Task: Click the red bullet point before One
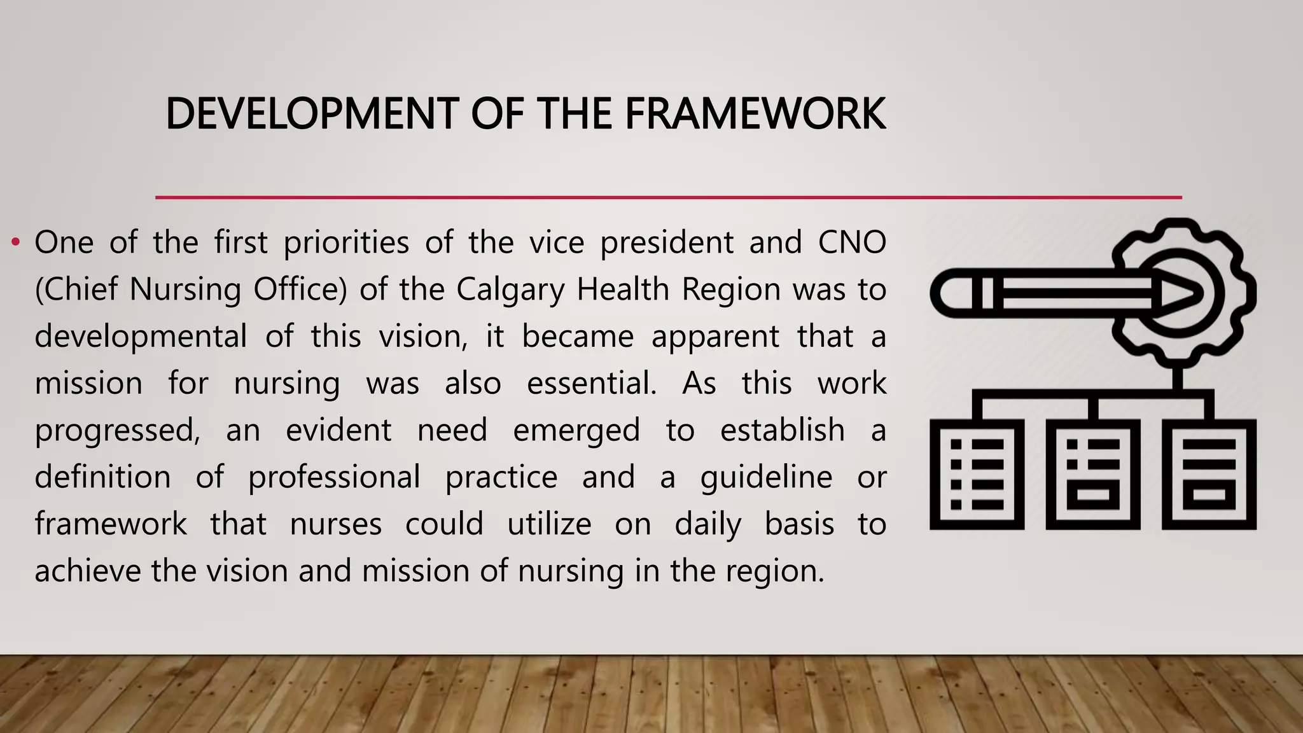point(16,242)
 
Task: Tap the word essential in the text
point(591,384)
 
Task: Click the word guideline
point(766,477)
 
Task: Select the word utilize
point(549,524)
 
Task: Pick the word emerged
point(576,431)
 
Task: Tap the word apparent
point(715,337)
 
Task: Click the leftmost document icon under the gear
point(977,474)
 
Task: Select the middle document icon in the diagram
point(1092,474)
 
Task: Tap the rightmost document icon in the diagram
point(1208,474)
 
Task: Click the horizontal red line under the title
point(668,197)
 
